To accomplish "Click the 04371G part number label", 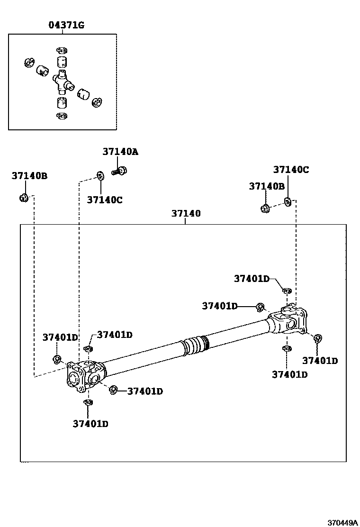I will [66, 25].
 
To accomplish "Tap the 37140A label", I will [120, 152].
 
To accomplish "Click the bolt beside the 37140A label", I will [118, 171].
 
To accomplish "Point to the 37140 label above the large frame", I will [186, 213].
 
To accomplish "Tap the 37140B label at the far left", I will [29, 176].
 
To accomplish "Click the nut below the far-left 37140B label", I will [23, 197].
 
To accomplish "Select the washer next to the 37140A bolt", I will [100, 176].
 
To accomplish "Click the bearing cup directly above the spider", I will [61, 62].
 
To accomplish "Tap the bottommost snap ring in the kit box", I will [62, 116].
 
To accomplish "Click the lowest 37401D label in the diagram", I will [90, 424].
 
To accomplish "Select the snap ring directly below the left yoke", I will [87, 402].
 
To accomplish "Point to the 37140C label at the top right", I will [291, 170].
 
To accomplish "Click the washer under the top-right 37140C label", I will [288, 202].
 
